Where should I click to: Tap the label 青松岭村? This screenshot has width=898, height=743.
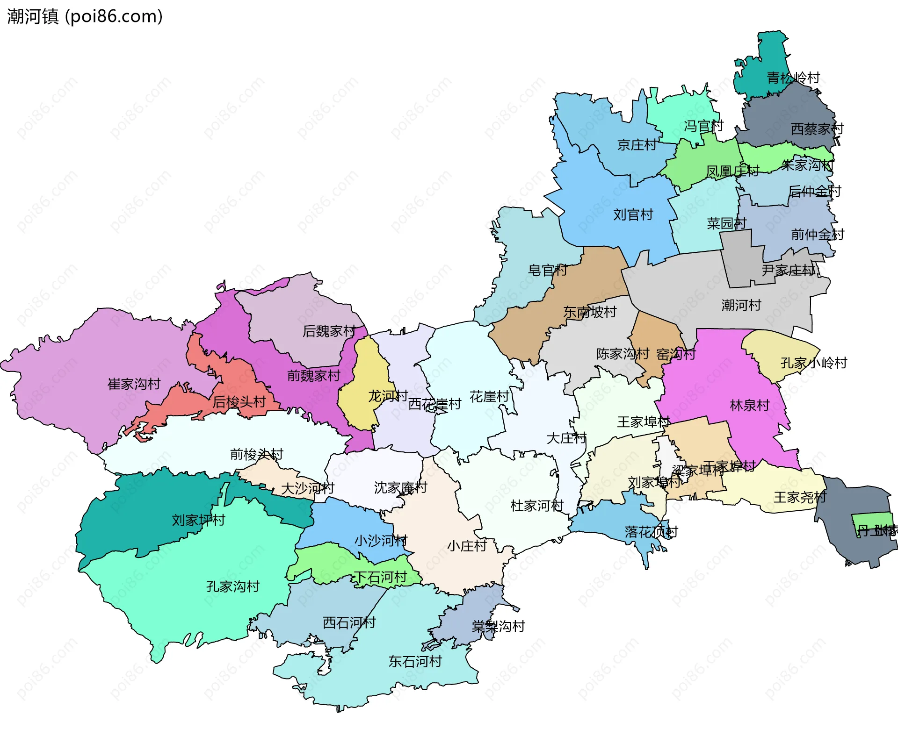tap(793, 78)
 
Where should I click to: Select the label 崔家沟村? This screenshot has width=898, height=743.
tap(134, 384)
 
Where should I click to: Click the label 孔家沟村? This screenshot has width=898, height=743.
tap(232, 586)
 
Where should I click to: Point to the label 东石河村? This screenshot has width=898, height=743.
tap(415, 662)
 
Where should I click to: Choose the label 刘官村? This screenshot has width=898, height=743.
tap(633, 215)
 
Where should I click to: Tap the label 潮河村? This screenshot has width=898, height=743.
tap(741, 306)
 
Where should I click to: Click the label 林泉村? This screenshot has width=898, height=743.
tap(749, 405)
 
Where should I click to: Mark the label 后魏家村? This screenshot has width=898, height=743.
tap(329, 331)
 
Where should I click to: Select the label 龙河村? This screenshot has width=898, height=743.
tap(388, 396)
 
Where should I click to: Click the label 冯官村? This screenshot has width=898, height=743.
tap(703, 126)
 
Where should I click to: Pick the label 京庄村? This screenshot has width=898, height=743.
tap(637, 145)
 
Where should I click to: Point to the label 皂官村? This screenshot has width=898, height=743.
tap(547, 270)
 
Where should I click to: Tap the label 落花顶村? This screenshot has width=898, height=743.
tap(651, 532)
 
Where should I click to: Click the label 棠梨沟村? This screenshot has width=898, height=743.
tap(498, 627)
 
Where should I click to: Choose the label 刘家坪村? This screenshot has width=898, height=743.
tap(198, 520)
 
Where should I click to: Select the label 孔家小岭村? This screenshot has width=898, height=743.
tap(813, 363)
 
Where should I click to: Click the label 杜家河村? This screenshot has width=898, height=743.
tap(536, 506)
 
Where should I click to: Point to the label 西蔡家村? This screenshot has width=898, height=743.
tap(817, 129)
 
